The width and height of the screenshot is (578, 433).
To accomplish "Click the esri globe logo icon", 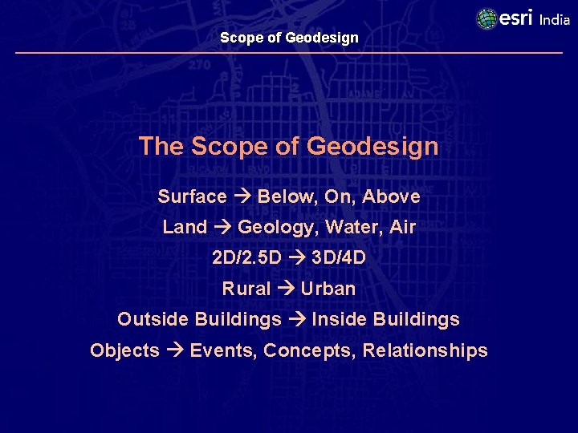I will point(486,18).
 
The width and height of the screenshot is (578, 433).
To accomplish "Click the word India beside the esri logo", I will point(555,20).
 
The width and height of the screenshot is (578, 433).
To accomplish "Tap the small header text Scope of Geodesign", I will point(289,38).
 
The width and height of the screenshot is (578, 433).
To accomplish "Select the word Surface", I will point(192,197).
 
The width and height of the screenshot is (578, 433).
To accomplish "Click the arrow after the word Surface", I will point(242,197).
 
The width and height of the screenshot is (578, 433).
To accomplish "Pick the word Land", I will point(185,228).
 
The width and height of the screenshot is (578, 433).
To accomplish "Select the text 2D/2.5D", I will point(246,258).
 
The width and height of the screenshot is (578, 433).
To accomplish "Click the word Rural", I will point(246,289).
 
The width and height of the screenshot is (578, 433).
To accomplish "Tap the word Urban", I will point(328,289).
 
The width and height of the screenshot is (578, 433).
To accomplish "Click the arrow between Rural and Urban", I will point(285,289).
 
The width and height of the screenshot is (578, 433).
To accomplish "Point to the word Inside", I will point(336,319).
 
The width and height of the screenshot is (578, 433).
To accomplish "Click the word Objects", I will point(124,351).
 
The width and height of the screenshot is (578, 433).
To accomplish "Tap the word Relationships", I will point(425,351).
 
